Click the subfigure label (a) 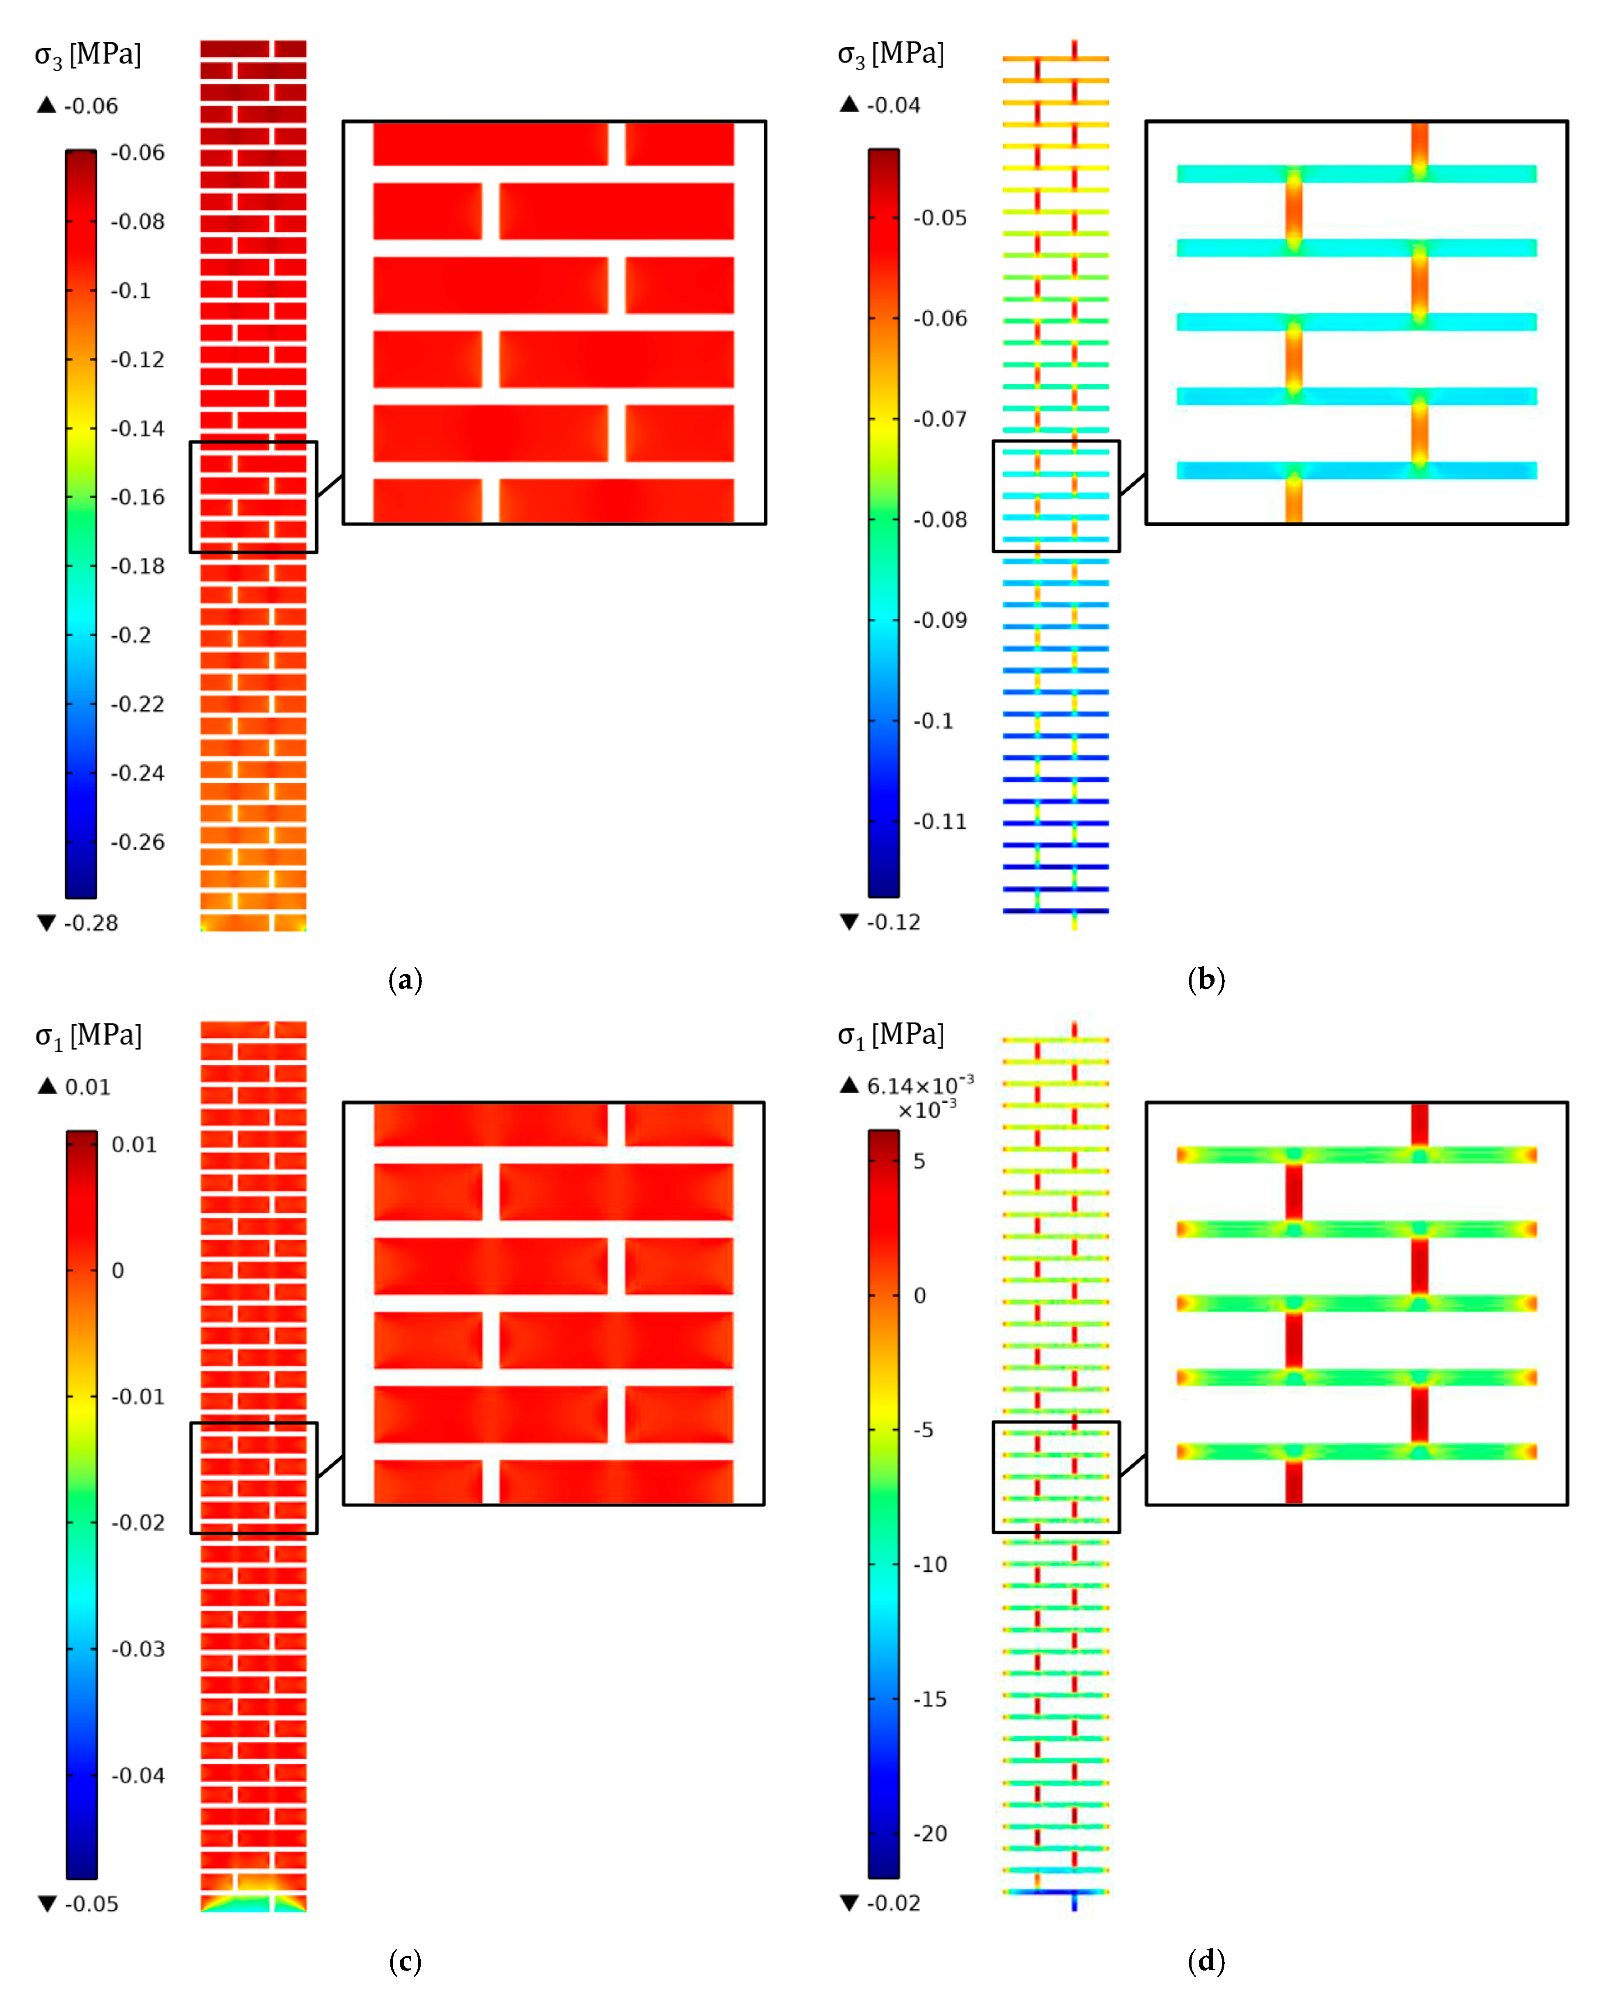coord(406,980)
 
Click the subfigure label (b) coord(1206,980)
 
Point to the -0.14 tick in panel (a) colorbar coord(138,429)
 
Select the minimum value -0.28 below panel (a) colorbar coord(91,923)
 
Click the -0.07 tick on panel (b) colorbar coord(940,420)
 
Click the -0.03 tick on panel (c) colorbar coord(138,1649)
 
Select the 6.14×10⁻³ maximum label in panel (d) coord(919,1085)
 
